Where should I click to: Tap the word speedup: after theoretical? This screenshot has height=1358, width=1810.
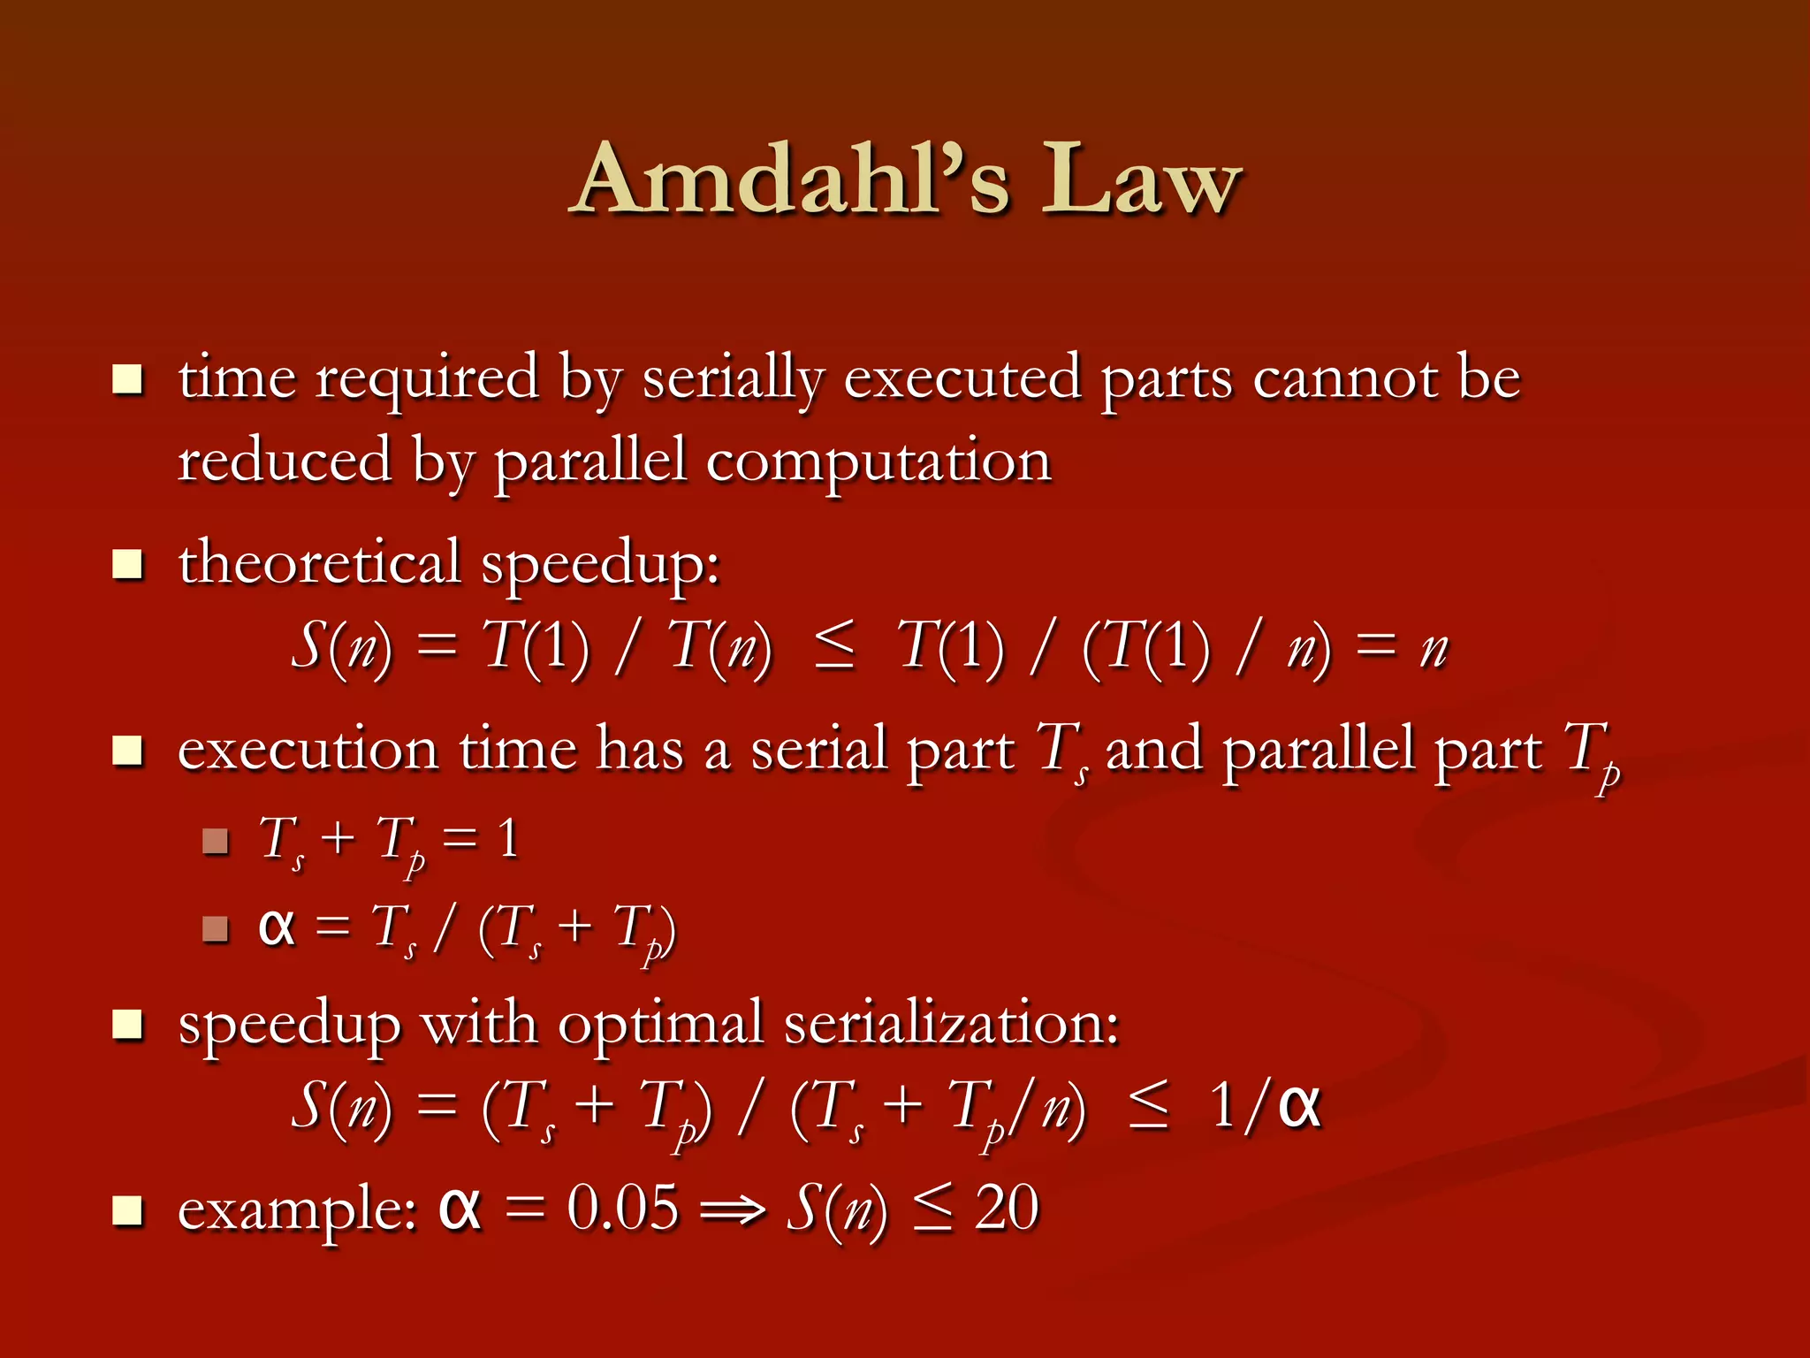click(x=600, y=566)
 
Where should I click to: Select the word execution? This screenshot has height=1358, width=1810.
click(x=308, y=750)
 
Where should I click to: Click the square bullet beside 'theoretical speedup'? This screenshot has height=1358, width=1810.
click(x=128, y=564)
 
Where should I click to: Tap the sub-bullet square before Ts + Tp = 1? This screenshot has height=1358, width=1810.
click(x=215, y=841)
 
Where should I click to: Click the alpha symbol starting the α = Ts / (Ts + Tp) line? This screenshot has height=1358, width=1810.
click(x=276, y=927)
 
